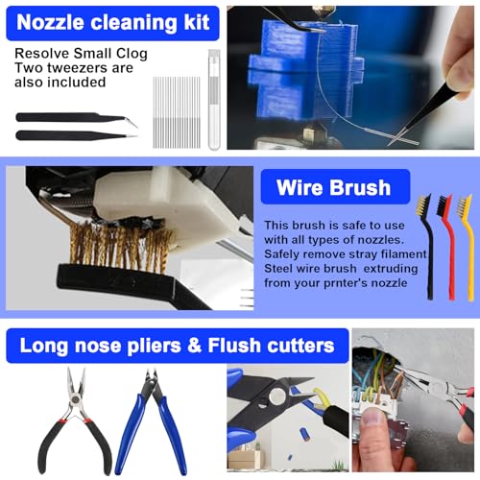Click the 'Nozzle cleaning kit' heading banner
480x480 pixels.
coord(111,23)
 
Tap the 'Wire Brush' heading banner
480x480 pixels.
coord(334,187)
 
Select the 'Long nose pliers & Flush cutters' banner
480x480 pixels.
coord(178,344)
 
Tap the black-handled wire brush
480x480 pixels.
coord(423,245)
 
